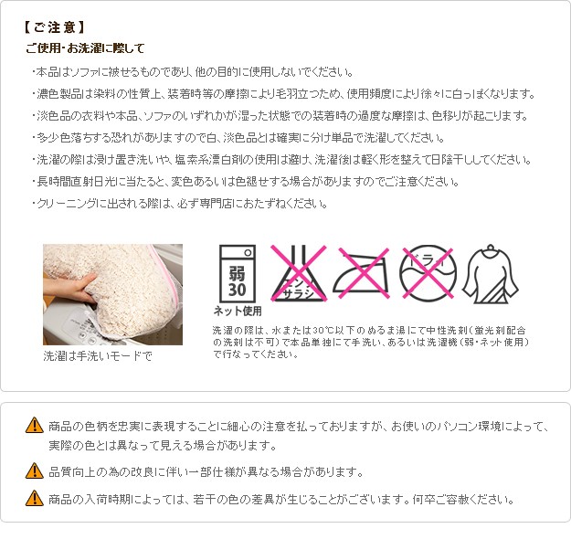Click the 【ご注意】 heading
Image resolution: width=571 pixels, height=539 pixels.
(x=54, y=27)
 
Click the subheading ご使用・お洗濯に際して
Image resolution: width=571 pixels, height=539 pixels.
(x=85, y=48)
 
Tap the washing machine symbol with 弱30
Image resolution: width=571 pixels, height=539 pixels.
(x=237, y=273)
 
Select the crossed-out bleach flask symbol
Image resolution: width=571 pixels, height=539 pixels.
(x=298, y=273)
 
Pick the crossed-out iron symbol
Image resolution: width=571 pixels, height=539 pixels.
(x=361, y=273)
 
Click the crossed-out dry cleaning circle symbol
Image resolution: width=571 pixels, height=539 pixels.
(x=428, y=273)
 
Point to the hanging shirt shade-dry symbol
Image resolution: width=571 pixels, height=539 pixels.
(x=491, y=274)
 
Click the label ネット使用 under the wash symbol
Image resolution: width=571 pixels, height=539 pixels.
(x=238, y=311)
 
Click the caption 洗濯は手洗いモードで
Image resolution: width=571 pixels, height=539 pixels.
(x=98, y=355)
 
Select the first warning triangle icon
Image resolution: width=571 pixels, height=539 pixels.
(x=35, y=425)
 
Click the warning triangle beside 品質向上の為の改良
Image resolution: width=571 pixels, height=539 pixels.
(x=35, y=470)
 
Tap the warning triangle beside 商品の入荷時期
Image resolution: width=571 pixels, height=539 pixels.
(x=35, y=498)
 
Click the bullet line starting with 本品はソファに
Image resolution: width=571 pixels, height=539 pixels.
(x=193, y=72)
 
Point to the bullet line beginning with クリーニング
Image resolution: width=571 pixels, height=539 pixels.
(x=180, y=203)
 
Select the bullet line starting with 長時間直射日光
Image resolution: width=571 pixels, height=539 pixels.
(x=246, y=182)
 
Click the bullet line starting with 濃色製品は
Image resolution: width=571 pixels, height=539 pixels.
(x=283, y=94)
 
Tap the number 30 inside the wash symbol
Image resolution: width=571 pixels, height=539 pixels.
(x=237, y=290)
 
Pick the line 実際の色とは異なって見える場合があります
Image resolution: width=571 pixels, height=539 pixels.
(x=163, y=445)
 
